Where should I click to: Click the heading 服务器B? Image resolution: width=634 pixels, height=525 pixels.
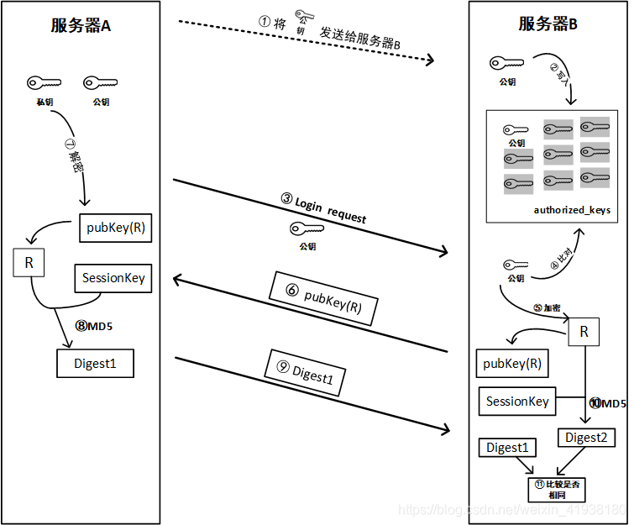[548, 24]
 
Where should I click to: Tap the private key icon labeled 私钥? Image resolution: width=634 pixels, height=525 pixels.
[45, 83]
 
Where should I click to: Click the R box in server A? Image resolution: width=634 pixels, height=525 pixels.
[29, 263]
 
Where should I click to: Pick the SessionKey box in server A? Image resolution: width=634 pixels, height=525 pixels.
[113, 278]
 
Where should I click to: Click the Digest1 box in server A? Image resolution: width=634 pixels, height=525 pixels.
[95, 364]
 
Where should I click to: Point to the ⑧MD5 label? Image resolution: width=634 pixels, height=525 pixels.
[94, 326]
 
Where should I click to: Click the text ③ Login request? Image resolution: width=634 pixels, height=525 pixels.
[324, 208]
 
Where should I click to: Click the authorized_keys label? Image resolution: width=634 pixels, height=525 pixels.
[572, 209]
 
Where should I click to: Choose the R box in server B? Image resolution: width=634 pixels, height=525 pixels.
[584, 332]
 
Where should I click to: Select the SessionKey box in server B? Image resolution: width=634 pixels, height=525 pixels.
[517, 402]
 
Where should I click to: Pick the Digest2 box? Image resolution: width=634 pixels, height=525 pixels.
[585, 438]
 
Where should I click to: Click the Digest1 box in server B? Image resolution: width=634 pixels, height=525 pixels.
[507, 448]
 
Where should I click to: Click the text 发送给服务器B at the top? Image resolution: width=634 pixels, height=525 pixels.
[359, 32]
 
